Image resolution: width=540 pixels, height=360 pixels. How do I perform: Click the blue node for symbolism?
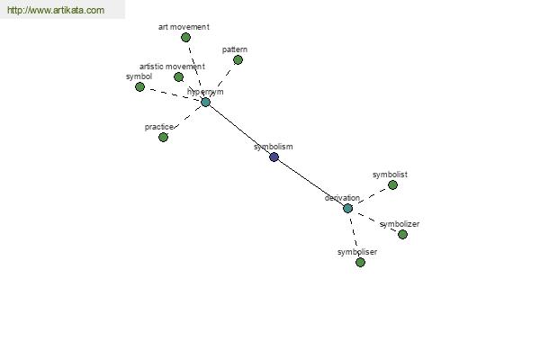tap(274, 157)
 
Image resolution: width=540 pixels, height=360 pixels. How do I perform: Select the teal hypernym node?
tap(205, 102)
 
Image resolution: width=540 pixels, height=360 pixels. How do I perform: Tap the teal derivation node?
tap(347, 209)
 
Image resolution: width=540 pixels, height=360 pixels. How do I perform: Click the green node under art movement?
tap(185, 37)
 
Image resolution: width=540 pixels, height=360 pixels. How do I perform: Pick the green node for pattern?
tap(238, 60)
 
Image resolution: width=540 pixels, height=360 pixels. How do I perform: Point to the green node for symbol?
tap(139, 86)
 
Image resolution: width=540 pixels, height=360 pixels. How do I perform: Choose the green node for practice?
tap(163, 138)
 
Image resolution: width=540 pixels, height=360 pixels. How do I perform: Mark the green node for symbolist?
tap(392, 185)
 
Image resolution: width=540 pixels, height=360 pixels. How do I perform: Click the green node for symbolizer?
tap(402, 235)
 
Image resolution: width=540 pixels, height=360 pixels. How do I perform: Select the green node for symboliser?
tap(360, 263)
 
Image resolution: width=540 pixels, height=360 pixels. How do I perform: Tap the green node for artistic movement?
tap(178, 76)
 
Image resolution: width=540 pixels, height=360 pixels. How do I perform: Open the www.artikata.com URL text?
tap(56, 10)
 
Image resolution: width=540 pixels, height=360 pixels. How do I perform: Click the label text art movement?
tap(184, 27)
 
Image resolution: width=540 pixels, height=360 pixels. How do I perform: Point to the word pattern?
tap(235, 49)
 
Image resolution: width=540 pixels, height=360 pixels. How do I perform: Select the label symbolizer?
tap(400, 224)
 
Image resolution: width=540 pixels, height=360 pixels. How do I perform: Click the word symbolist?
tap(390, 175)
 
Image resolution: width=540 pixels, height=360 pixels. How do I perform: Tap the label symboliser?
tap(357, 252)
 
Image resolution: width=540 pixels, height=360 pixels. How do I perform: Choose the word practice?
tap(158, 127)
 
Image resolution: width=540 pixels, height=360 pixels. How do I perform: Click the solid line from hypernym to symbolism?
tap(239, 130)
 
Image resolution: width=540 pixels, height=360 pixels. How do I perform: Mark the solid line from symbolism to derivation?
tap(310, 183)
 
